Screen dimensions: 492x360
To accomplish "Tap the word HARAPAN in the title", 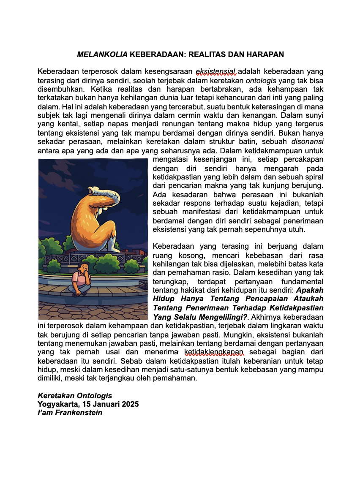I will click(x=266, y=54).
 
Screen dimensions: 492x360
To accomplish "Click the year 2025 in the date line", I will click(x=130, y=404).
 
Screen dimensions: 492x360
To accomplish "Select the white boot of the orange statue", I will click(x=112, y=245).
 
